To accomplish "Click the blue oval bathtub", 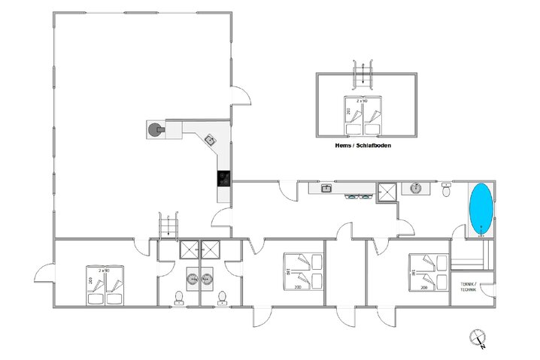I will click(x=481, y=206).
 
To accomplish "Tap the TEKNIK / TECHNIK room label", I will click(x=473, y=286).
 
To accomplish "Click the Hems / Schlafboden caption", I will click(x=365, y=147).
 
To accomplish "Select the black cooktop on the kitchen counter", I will click(x=224, y=178).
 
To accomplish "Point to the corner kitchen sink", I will click(x=209, y=139).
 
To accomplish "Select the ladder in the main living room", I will click(x=169, y=225).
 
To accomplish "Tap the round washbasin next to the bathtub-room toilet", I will click(x=414, y=188).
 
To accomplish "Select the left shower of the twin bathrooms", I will click(x=190, y=250).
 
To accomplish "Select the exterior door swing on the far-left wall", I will click(x=44, y=275).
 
